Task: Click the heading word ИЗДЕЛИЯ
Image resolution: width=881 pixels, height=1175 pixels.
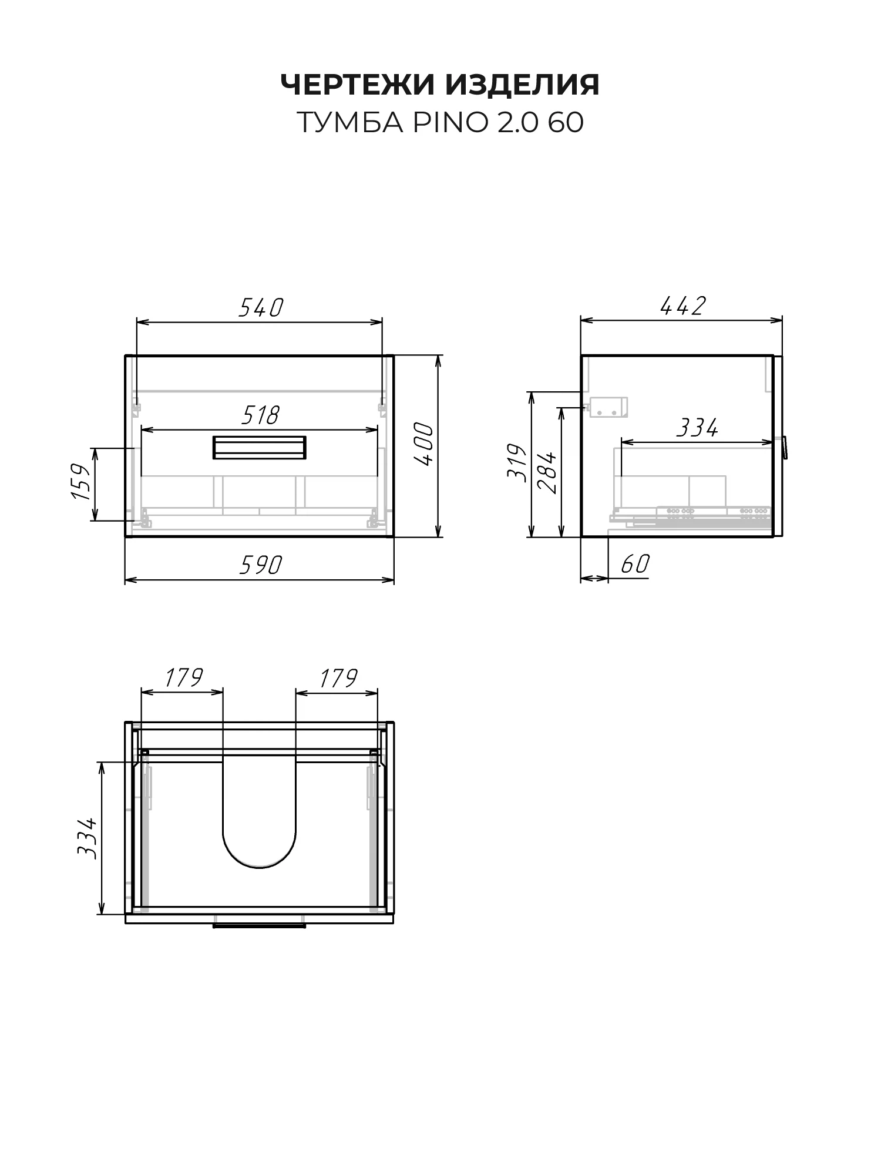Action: [x=523, y=85]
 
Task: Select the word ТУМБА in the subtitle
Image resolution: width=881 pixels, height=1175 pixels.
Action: [x=351, y=123]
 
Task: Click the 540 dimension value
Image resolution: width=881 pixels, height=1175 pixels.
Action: [x=261, y=307]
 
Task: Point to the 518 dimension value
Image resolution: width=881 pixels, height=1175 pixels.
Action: [x=260, y=415]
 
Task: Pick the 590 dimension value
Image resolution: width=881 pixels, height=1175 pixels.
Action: [x=261, y=565]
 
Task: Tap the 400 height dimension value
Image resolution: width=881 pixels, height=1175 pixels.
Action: [x=424, y=445]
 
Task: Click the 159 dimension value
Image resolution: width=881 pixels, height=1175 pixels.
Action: [x=80, y=482]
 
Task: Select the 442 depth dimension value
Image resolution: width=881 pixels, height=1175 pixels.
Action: [x=682, y=306]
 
